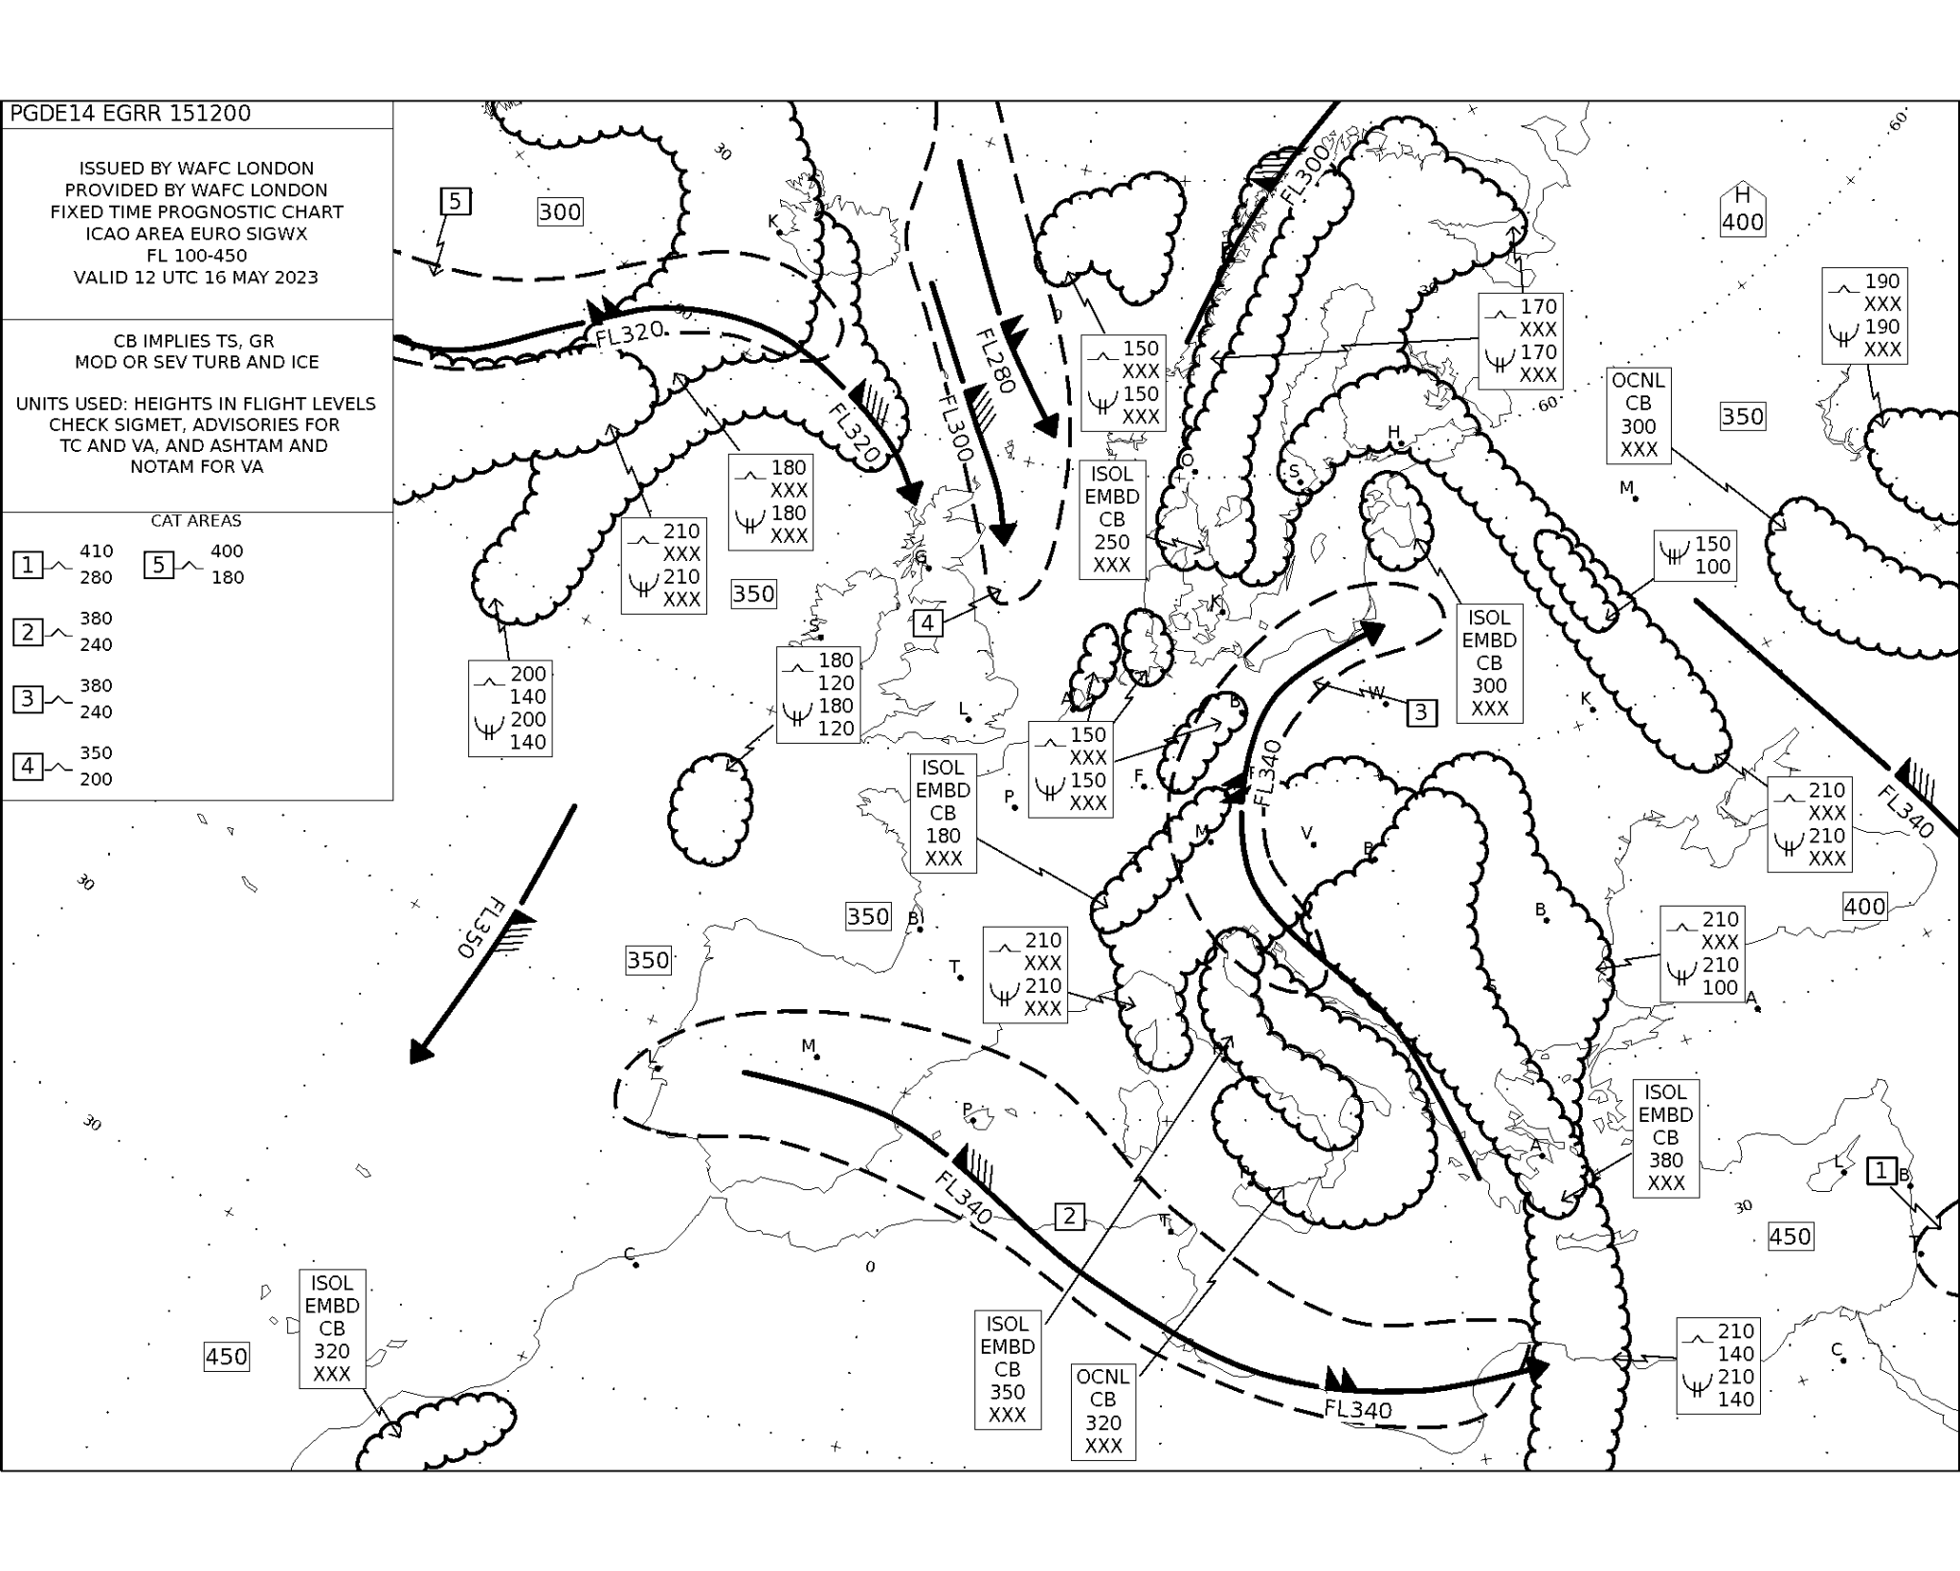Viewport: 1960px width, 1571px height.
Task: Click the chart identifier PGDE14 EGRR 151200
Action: [x=130, y=114]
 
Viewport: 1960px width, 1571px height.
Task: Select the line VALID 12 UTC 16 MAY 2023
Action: [x=196, y=278]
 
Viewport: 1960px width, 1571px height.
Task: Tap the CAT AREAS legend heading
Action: [x=196, y=521]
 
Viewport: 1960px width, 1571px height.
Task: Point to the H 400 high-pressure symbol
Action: [x=1742, y=210]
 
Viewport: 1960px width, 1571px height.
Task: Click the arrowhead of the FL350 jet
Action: [x=419, y=1052]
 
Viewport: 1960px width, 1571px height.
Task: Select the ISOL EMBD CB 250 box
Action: [x=1111, y=520]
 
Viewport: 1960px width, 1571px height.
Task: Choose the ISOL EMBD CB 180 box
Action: [x=943, y=814]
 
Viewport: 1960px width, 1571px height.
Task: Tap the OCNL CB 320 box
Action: [x=1102, y=1411]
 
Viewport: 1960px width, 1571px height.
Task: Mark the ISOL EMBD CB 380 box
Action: [x=1665, y=1138]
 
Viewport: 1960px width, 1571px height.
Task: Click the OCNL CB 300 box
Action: [x=1638, y=415]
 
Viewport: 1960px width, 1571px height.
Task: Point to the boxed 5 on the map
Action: [x=456, y=202]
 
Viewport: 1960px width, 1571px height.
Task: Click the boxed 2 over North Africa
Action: [x=1069, y=1217]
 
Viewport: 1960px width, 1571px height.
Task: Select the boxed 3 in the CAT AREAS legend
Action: [x=28, y=699]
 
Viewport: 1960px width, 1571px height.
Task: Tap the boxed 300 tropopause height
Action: [x=560, y=213]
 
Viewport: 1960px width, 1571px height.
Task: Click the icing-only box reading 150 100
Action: [x=1694, y=555]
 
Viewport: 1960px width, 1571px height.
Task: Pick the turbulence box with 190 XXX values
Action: [x=1864, y=316]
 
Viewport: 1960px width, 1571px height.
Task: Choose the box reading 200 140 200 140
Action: [x=510, y=708]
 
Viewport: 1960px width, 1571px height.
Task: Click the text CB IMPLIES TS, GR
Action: [x=196, y=341]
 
